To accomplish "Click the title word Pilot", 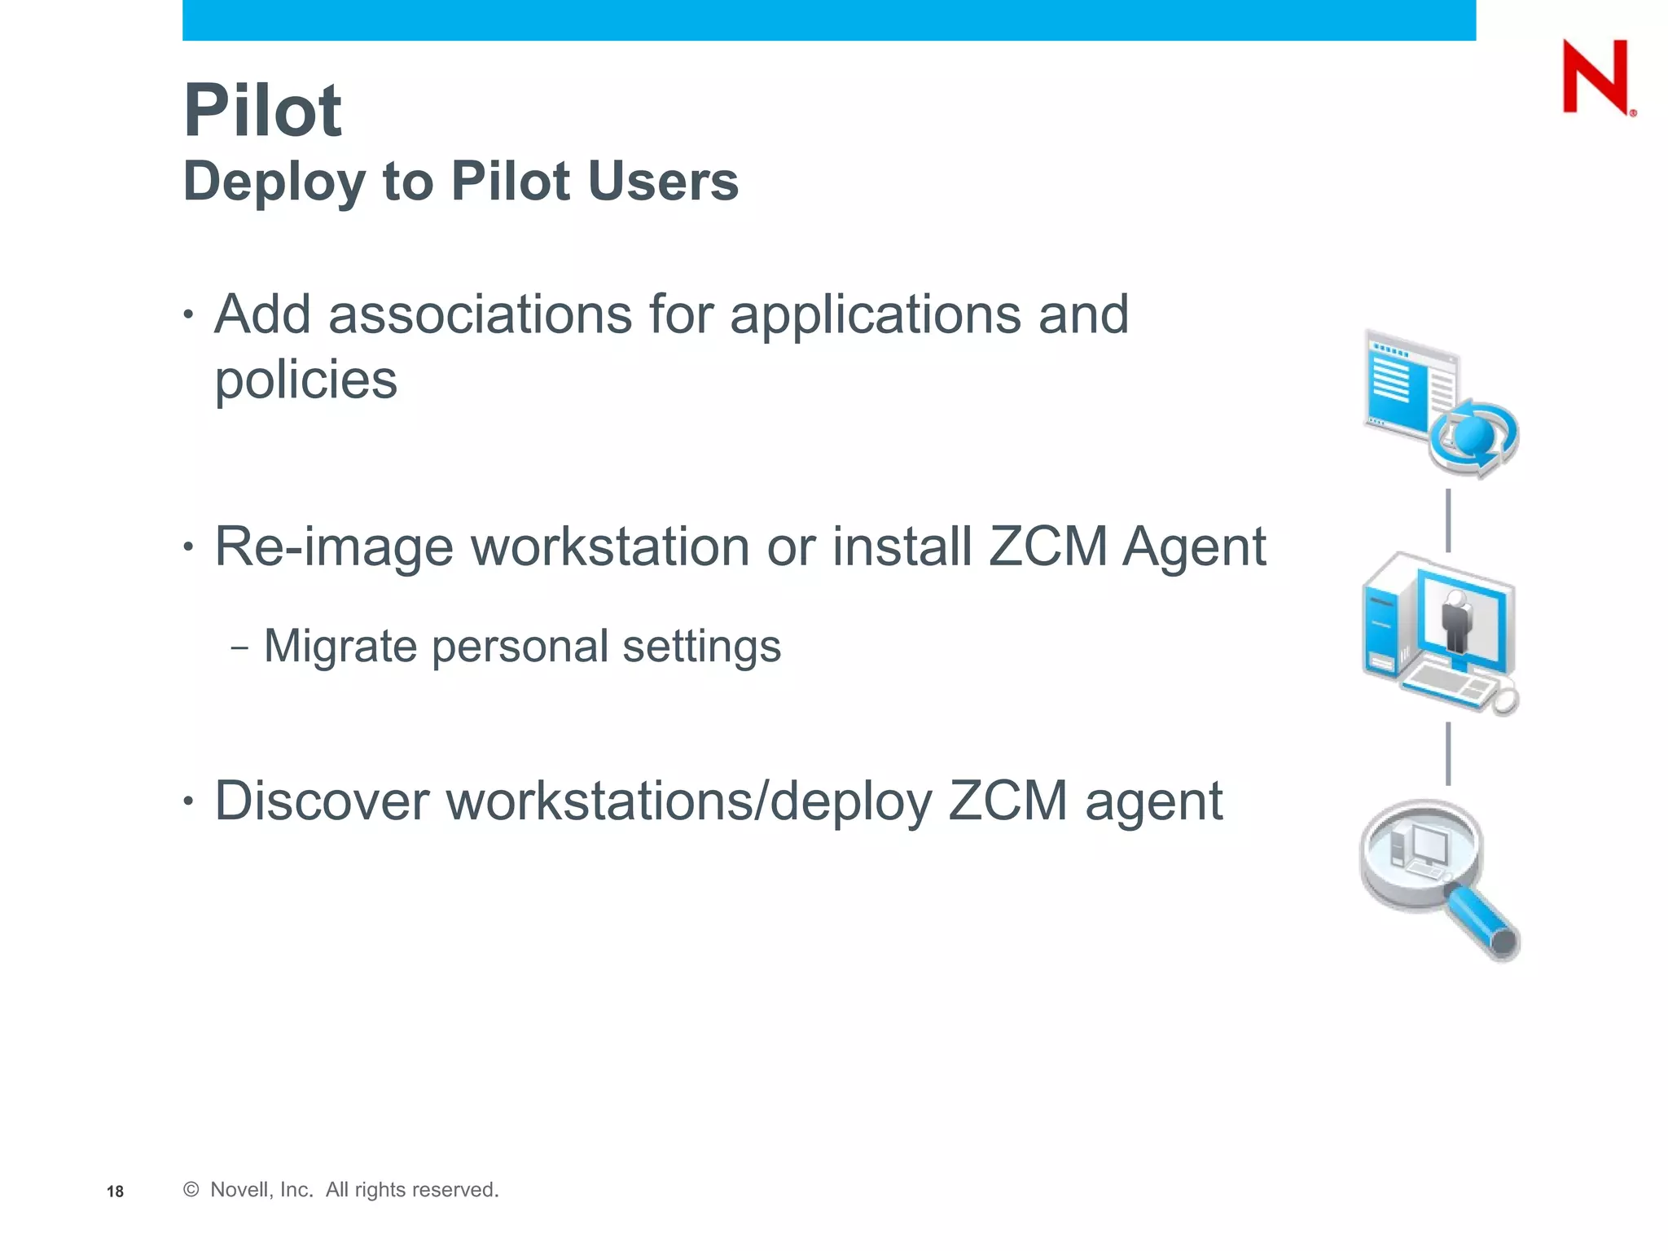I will click(262, 111).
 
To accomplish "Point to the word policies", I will click(305, 380).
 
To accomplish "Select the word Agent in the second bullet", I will click(1194, 546).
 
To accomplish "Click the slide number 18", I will click(115, 1192).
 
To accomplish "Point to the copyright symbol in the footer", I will click(191, 1190).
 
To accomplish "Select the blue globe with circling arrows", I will click(1475, 437).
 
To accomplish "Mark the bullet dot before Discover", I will click(189, 801).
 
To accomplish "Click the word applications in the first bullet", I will click(875, 314).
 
